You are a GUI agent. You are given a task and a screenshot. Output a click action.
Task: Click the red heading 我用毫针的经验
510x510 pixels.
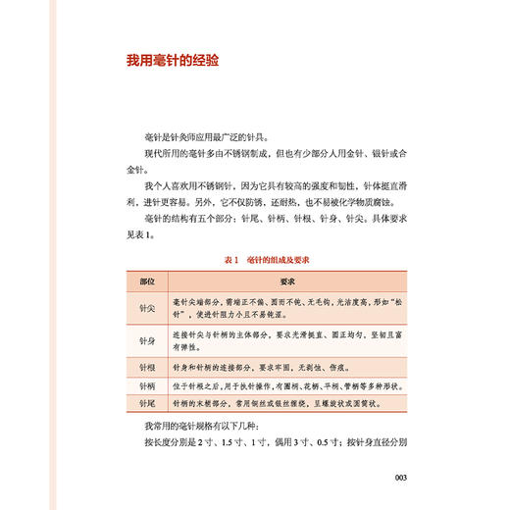pyautogui.click(x=172, y=61)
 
